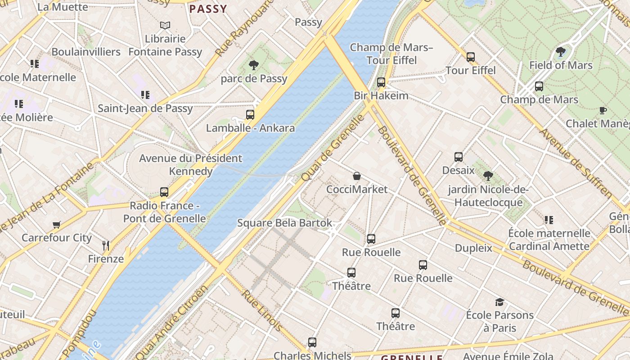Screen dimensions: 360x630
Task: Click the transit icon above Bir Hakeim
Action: click(381, 82)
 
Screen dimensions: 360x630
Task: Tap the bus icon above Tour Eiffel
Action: click(471, 57)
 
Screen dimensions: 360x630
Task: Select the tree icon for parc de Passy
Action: click(254, 65)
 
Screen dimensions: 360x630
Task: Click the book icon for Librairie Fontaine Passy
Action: click(165, 26)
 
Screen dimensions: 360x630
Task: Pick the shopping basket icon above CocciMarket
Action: click(357, 176)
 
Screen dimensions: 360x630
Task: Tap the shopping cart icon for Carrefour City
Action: click(57, 225)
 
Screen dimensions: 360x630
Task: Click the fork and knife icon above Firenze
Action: click(106, 246)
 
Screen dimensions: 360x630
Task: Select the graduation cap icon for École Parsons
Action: click(499, 302)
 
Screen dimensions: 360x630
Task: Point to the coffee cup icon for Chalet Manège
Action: click(603, 110)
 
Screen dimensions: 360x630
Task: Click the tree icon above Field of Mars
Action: click(561, 52)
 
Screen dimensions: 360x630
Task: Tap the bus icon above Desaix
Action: click(459, 157)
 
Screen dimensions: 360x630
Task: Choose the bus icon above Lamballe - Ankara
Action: click(250, 115)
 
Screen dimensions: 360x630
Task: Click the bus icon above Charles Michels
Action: click(312, 342)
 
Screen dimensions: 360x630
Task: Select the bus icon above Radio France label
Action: click(164, 192)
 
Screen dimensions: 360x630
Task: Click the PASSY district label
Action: click(208, 9)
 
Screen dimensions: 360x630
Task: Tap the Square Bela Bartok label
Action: click(284, 223)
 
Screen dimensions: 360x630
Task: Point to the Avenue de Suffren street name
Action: click(576, 163)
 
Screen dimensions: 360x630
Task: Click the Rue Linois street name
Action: click(262, 310)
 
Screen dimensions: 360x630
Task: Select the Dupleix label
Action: click(473, 248)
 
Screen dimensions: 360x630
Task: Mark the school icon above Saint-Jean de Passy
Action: click(145, 95)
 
